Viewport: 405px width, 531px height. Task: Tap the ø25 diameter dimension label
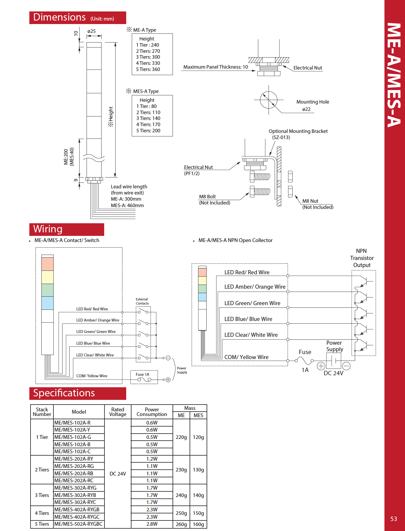[92, 31]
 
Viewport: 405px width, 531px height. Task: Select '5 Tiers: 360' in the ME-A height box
[148, 70]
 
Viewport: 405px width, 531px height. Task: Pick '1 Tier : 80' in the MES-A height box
[146, 106]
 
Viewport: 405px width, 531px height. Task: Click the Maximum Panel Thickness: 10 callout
[215, 67]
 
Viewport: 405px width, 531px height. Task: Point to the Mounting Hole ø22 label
[313, 105]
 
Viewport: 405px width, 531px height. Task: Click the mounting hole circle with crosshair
[269, 100]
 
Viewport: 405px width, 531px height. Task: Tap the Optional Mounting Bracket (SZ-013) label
[298, 134]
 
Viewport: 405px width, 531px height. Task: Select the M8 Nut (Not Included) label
[318, 204]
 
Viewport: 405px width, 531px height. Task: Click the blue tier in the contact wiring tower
[48, 303]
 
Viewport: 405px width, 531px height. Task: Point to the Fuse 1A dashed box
[144, 377]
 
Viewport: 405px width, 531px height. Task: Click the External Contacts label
[142, 301]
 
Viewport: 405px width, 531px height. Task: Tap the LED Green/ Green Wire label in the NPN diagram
[252, 303]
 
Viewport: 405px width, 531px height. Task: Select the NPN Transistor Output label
[362, 258]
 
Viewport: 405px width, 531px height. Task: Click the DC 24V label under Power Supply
[333, 373]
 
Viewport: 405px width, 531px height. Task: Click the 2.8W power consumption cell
[152, 524]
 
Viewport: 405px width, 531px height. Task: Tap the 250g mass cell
[181, 513]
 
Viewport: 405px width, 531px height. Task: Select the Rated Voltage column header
[118, 412]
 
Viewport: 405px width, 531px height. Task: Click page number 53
[394, 519]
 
